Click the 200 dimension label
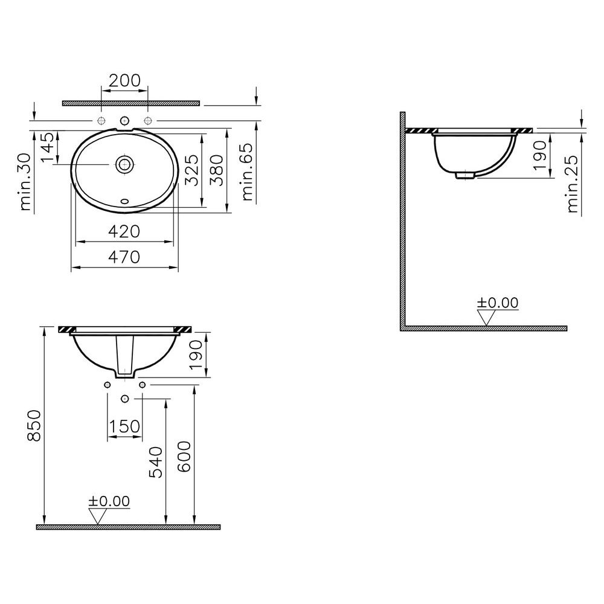click(x=124, y=80)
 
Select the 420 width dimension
click(x=124, y=231)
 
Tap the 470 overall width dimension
click(x=124, y=257)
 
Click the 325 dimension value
click(x=191, y=170)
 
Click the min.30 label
click(x=25, y=182)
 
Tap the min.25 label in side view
click(x=573, y=184)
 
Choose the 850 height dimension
click(x=34, y=425)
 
